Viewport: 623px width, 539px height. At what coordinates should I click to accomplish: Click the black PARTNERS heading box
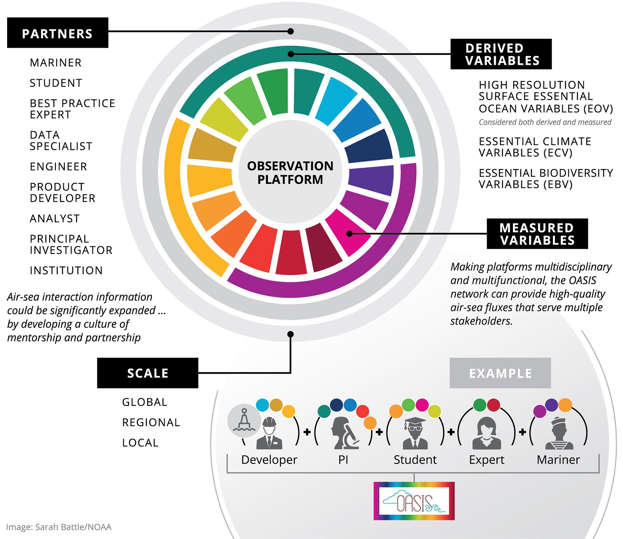coord(58,33)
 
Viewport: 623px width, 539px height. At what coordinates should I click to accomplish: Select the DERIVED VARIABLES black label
coord(501,54)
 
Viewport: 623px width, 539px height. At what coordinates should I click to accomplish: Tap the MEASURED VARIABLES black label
coord(537,234)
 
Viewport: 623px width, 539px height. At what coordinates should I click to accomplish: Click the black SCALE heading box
coord(148,373)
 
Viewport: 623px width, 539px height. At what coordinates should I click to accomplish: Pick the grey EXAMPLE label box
coord(500,373)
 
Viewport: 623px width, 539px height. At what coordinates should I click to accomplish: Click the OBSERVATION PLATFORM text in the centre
coord(290,173)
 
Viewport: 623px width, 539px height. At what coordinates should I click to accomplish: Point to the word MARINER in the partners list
coord(55,63)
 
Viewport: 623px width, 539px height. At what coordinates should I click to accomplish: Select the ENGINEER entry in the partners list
coord(58,166)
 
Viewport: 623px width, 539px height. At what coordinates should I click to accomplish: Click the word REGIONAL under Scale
coord(151,422)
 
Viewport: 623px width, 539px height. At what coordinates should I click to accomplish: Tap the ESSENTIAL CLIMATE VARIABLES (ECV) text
coord(535,147)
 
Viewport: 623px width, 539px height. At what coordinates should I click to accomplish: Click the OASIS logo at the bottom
coord(414,501)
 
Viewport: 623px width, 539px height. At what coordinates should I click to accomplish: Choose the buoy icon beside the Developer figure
coord(244,421)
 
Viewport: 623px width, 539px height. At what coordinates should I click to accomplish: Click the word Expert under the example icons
coord(487,459)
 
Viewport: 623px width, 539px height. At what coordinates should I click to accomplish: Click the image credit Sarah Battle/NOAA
coord(59,527)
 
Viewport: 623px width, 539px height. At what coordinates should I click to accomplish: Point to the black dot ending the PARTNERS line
coord(291,31)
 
